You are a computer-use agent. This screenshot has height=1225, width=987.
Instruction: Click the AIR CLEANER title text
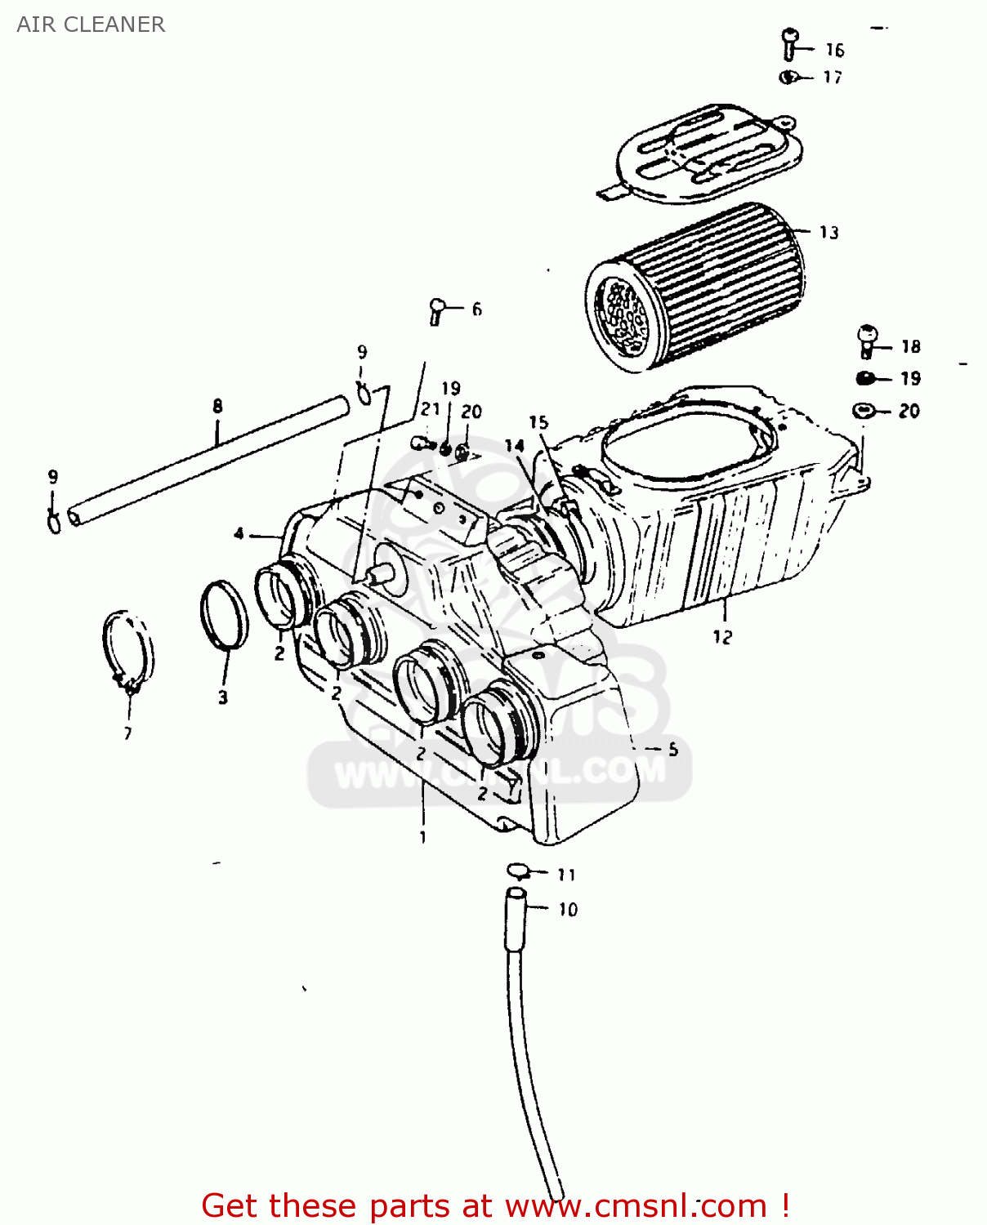(x=91, y=24)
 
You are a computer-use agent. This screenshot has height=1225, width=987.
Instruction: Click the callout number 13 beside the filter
(x=828, y=233)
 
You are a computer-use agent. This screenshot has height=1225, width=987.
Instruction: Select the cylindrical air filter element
(x=694, y=286)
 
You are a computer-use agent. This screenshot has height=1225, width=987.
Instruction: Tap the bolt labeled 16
(x=789, y=44)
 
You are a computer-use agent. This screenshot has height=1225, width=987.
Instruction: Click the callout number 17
(x=832, y=77)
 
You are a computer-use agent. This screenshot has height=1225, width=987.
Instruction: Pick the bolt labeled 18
(x=867, y=341)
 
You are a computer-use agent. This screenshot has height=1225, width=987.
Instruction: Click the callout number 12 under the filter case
(x=722, y=637)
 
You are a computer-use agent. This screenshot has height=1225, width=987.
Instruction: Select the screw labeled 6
(x=437, y=310)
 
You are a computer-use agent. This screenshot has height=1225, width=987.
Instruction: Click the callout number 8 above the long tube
(x=217, y=406)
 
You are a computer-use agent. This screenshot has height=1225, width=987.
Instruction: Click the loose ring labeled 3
(x=223, y=614)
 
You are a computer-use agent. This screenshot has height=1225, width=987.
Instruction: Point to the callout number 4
(x=239, y=534)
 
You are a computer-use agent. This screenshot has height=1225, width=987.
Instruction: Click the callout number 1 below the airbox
(x=422, y=837)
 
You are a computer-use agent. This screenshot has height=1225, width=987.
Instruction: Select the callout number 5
(x=672, y=749)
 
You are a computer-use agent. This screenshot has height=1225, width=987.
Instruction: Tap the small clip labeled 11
(x=518, y=870)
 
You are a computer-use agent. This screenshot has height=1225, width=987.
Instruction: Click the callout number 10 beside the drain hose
(x=568, y=910)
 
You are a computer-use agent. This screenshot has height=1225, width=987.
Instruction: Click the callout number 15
(x=538, y=422)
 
